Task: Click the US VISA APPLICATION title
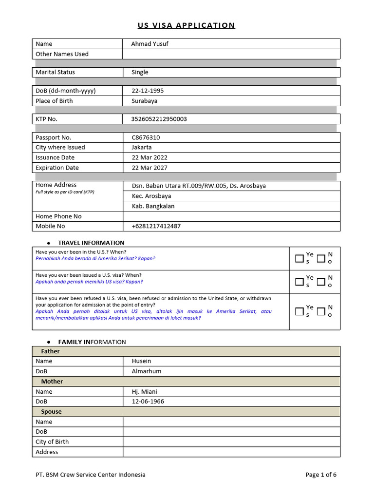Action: (186, 25)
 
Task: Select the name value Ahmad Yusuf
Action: (150, 44)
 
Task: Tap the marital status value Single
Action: (140, 72)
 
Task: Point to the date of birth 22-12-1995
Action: (148, 91)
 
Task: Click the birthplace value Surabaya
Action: (144, 101)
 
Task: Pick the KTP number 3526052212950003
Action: (159, 119)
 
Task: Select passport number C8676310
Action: (146, 137)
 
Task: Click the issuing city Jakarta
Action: (141, 147)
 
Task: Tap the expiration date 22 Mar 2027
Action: (149, 168)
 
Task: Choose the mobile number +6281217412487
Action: (156, 226)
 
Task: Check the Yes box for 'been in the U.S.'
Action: (299, 258)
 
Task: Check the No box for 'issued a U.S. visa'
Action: (321, 281)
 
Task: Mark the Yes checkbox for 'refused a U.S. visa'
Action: (299, 311)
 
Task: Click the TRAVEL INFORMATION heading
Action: (91, 243)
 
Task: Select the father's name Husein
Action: (141, 361)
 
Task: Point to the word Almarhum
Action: (146, 371)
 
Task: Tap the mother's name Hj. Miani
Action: (144, 391)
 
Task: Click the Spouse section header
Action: (51, 412)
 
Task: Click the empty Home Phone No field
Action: (231, 216)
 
